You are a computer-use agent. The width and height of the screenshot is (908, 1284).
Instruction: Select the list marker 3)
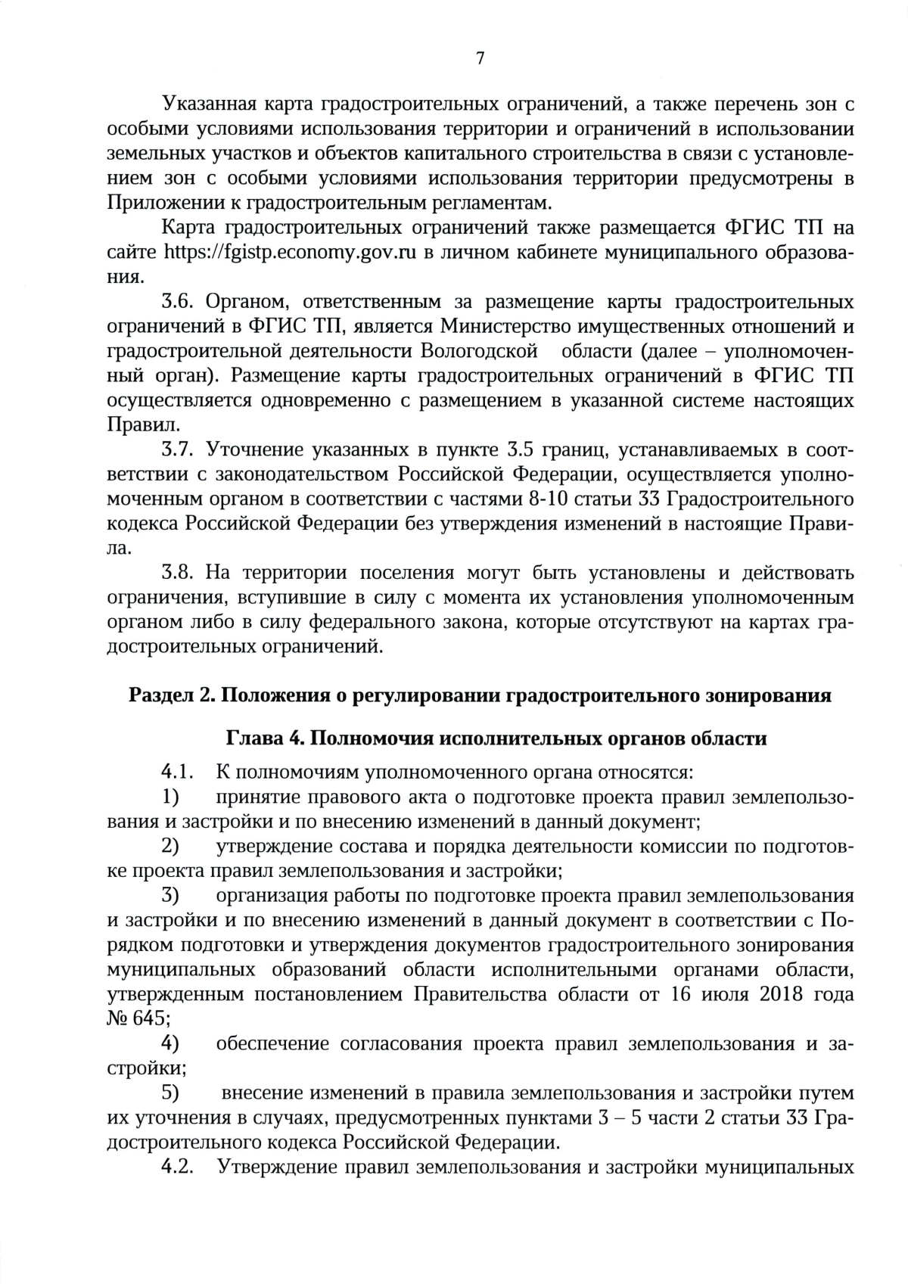pyautogui.click(x=171, y=895)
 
